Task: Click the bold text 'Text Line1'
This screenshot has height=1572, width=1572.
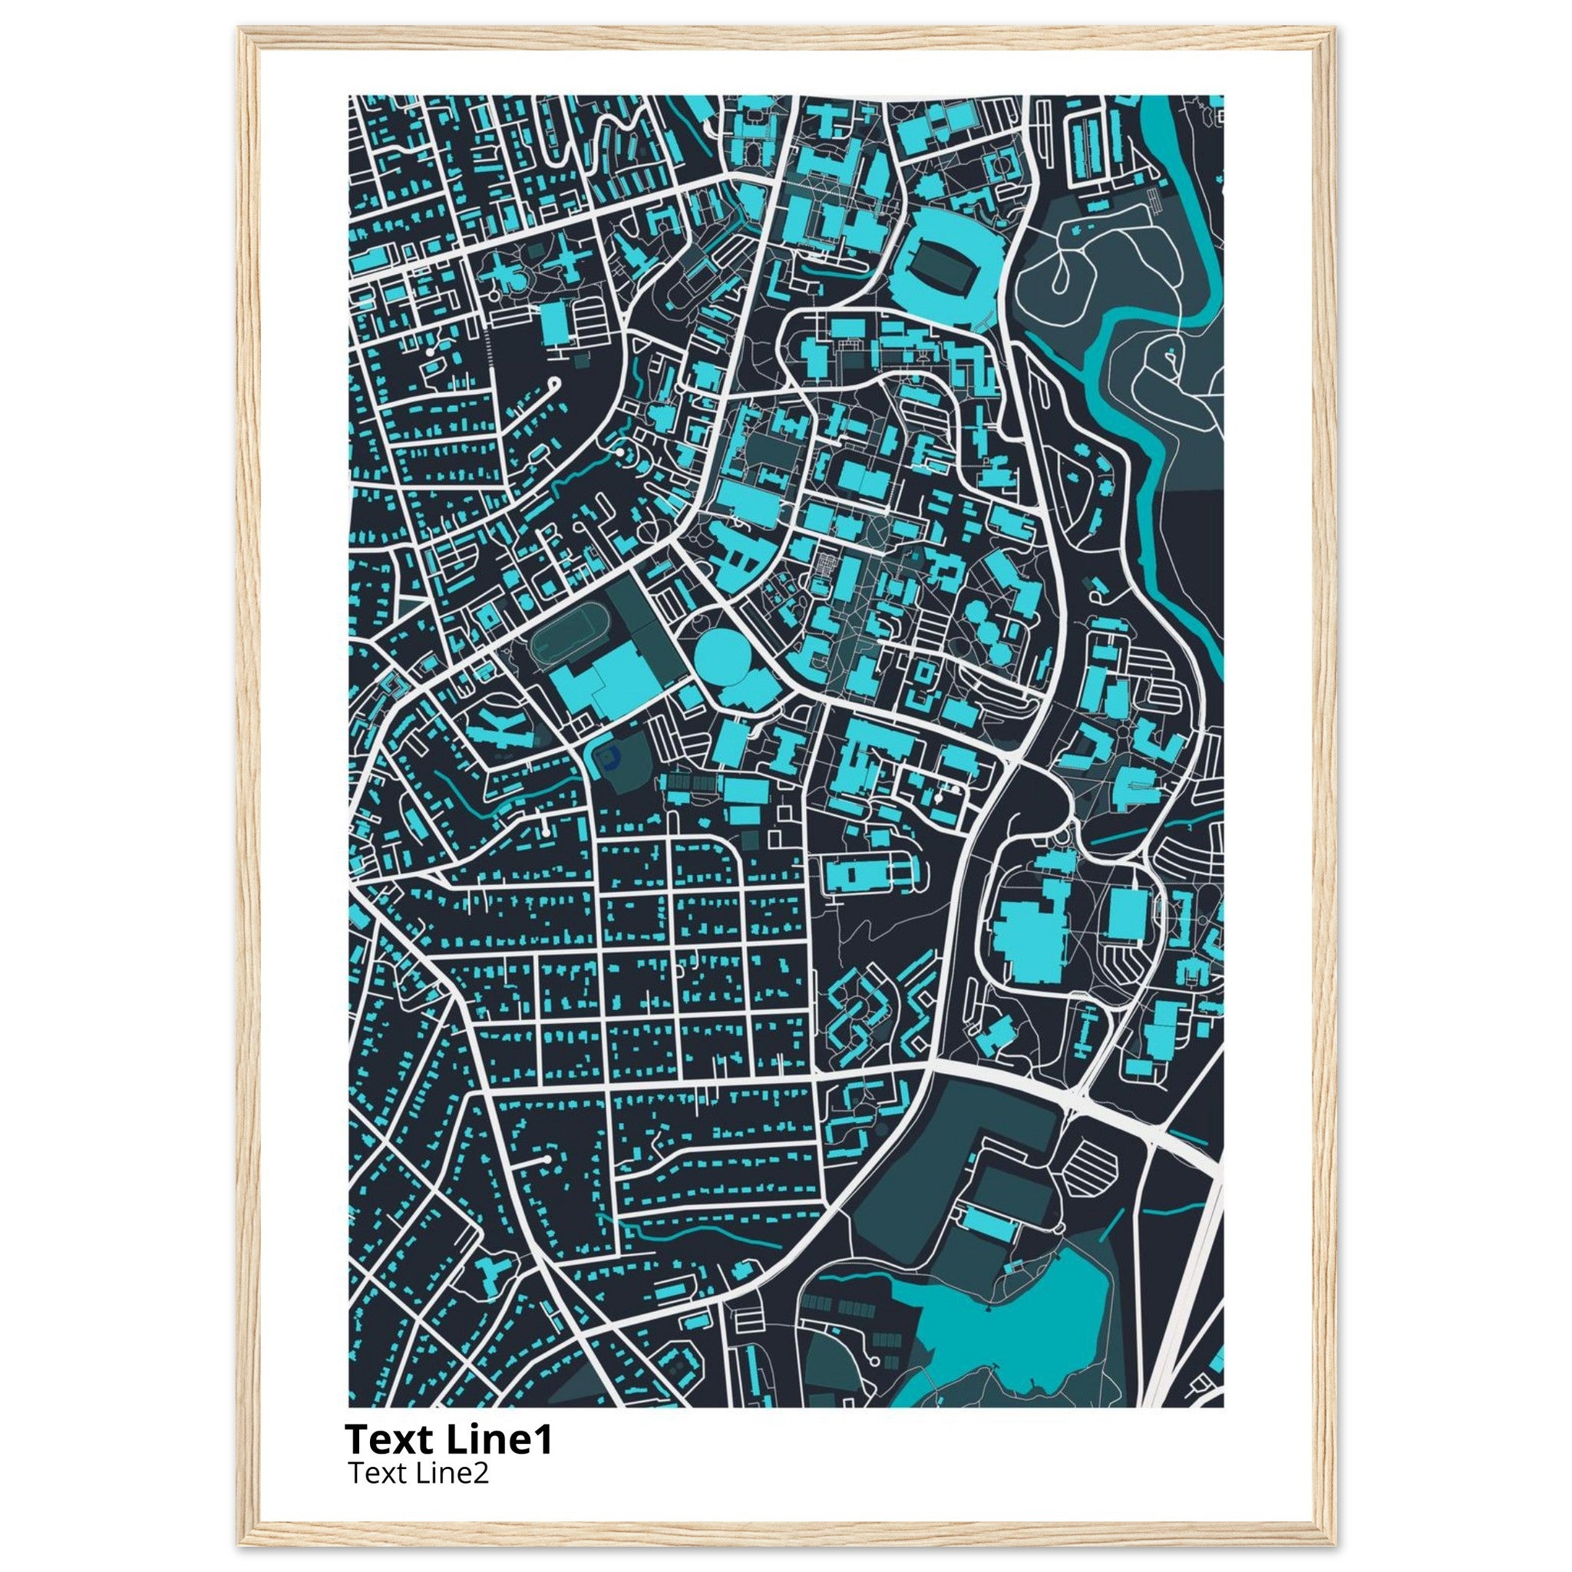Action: (448, 1440)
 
